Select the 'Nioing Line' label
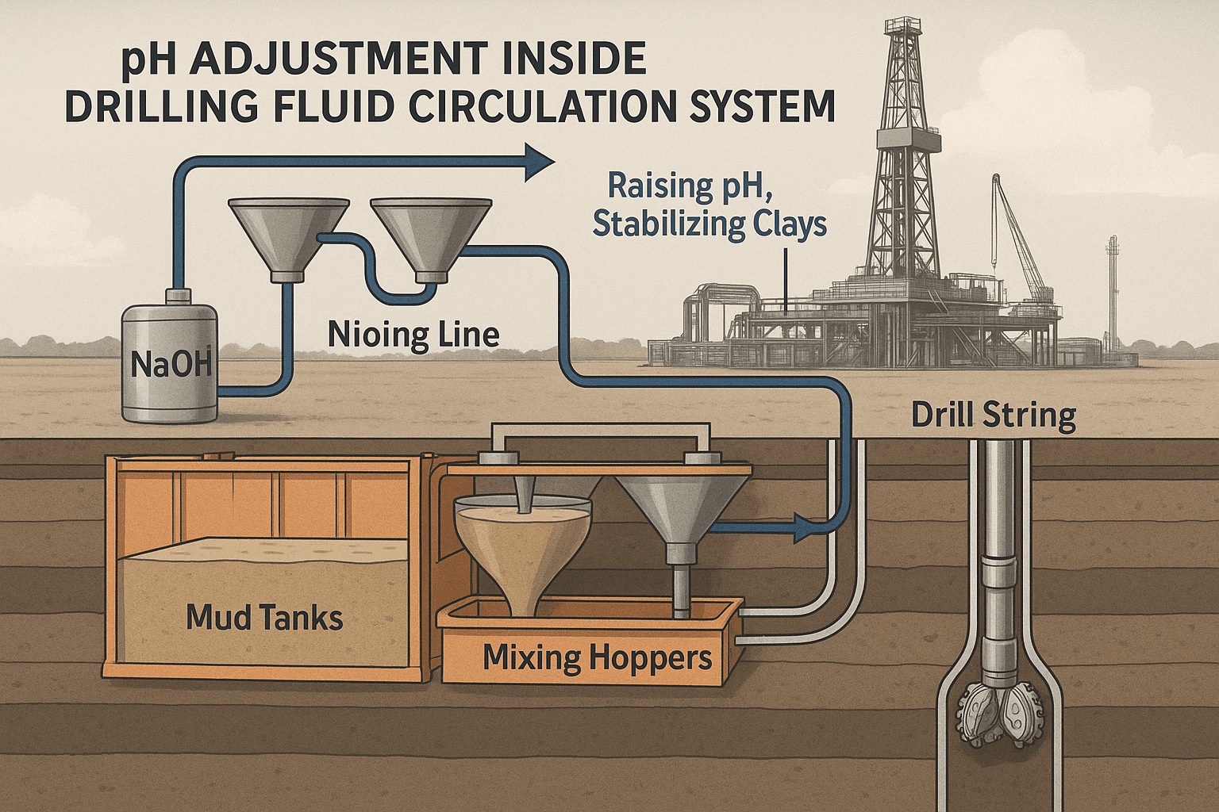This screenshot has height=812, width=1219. (413, 335)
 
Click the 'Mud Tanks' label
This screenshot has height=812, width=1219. (264, 617)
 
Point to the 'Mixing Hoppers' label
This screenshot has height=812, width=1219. (597, 657)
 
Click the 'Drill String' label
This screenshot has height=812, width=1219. (993, 416)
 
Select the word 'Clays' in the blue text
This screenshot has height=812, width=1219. (783, 224)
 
